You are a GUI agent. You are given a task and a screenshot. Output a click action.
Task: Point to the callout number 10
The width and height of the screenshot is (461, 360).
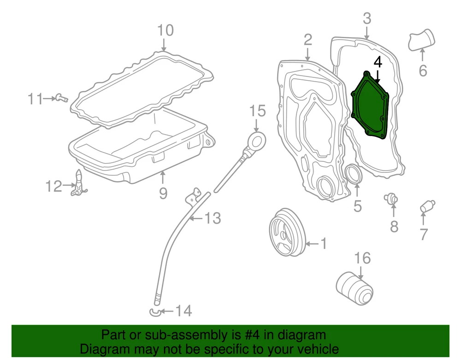pos(165,31)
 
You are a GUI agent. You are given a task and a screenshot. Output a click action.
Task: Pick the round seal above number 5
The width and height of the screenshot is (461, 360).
pos(354,175)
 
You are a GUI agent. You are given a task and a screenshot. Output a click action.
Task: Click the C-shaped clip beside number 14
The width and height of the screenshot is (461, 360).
pos(156,312)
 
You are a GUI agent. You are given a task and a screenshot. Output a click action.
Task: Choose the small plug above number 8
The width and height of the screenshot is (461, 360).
pos(392,199)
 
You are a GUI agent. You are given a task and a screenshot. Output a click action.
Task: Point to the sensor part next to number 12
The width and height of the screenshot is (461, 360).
pos(80,184)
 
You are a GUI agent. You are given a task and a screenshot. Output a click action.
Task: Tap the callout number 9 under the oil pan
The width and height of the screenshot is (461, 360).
pos(163,193)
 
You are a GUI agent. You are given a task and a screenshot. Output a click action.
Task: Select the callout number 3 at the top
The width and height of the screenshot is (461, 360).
pos(366,18)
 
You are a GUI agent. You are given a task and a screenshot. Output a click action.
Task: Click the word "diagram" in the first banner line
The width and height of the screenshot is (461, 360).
pos(300,335)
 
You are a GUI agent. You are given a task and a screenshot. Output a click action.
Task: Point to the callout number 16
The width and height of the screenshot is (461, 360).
pos(362,258)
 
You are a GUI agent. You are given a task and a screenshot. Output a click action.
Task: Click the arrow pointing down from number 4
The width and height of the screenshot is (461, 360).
pos(378,76)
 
